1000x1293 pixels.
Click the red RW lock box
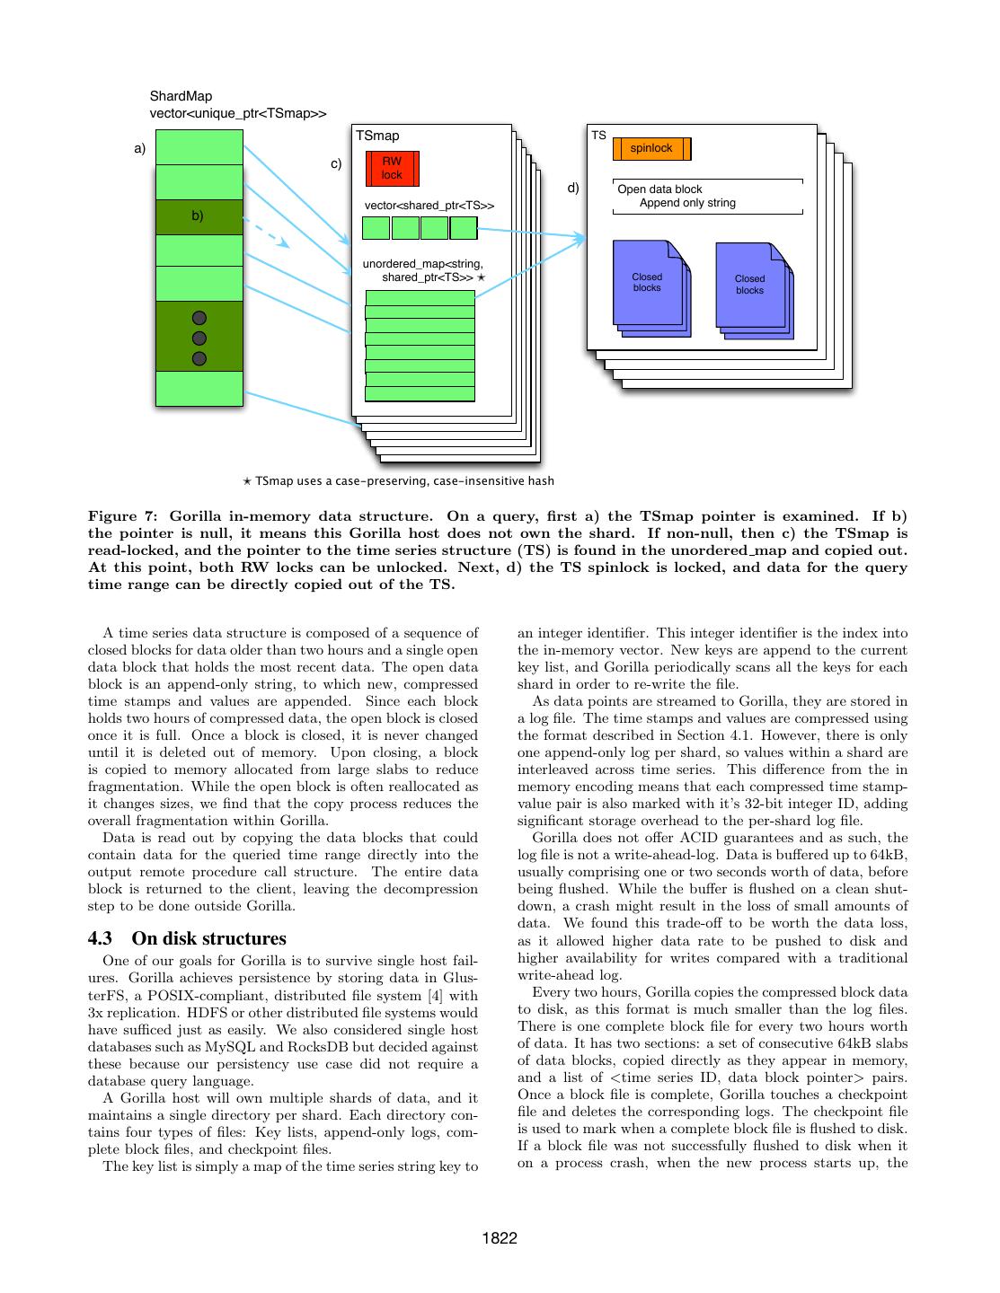pos(392,168)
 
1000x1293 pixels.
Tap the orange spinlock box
pos(651,148)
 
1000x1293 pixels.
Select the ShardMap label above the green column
pos(181,96)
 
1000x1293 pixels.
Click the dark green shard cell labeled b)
pos(199,216)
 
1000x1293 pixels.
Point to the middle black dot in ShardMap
pos(199,338)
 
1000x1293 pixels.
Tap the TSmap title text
pos(377,136)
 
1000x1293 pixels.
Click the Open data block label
pos(659,189)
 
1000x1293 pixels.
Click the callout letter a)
pos(139,149)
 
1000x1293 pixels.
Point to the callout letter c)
pos(336,164)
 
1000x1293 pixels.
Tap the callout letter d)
pos(573,189)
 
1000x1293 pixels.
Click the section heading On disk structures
pos(208,938)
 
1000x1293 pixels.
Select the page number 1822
pos(500,1239)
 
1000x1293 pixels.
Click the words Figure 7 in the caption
pos(120,516)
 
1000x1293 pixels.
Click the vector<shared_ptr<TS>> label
pos(429,206)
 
